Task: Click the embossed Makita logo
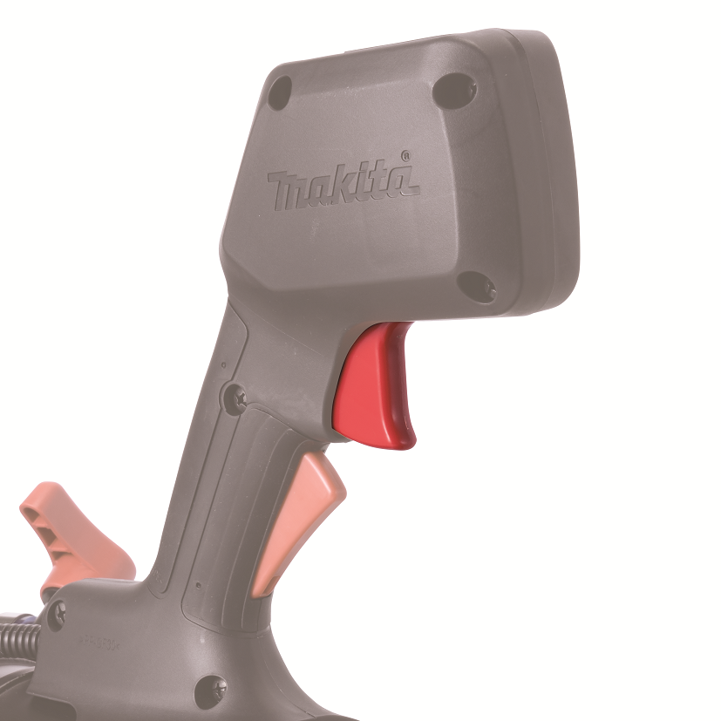(343, 183)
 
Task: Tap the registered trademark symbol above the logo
(405, 156)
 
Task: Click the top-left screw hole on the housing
(280, 94)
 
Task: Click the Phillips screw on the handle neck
(239, 398)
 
